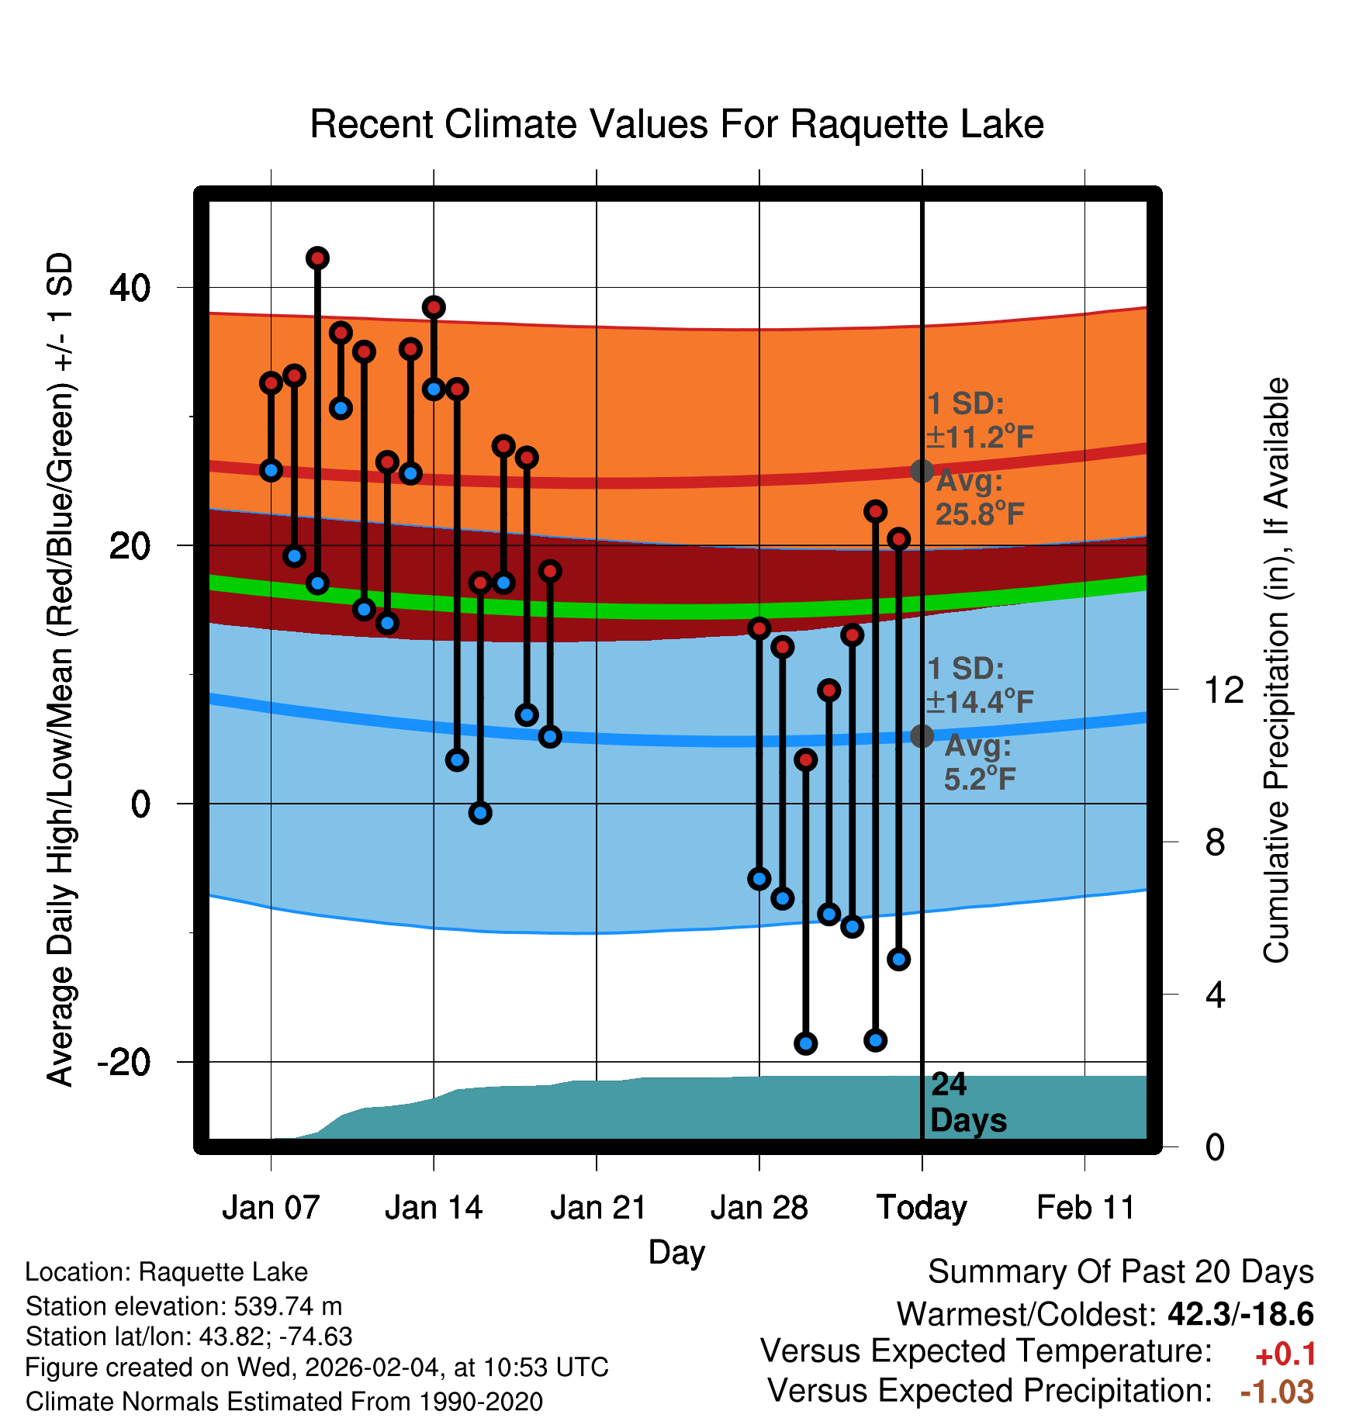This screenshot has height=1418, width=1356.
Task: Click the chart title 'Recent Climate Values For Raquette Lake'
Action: (676, 124)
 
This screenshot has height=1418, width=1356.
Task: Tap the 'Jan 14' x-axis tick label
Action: (434, 1208)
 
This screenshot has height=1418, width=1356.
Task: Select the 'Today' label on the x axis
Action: (922, 1208)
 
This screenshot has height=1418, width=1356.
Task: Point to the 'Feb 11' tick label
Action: (1085, 1208)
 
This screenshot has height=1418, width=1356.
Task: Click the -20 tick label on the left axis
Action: (124, 1062)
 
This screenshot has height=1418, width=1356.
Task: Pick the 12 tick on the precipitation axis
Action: (1223, 690)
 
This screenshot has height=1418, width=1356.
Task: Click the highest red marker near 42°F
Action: (317, 258)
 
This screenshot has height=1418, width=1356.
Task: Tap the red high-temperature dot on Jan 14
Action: (434, 307)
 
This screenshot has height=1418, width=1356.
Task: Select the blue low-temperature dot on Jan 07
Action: (271, 470)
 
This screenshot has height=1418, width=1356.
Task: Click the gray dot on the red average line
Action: (922, 471)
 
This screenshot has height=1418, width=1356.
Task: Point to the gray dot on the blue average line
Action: (922, 735)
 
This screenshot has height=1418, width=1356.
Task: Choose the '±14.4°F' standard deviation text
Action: (980, 702)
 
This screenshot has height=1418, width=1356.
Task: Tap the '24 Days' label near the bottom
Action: (967, 1102)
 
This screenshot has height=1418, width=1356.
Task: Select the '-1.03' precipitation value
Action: (1277, 1392)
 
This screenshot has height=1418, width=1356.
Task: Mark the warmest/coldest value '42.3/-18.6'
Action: (1240, 1314)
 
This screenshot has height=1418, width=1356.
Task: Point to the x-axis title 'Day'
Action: (676, 1252)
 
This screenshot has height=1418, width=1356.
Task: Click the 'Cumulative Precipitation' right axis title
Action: (1276, 671)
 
